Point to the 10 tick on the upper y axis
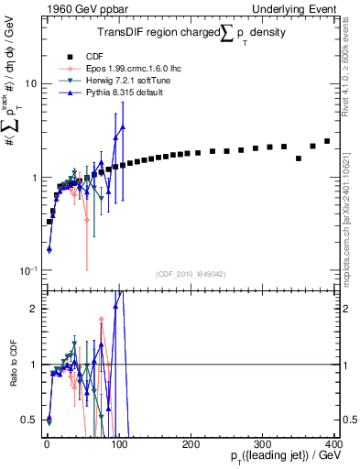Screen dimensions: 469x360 (29, 83)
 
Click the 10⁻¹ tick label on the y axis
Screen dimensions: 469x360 (27, 271)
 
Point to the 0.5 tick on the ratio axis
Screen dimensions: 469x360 (30, 420)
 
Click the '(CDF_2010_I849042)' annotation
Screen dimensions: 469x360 (191, 274)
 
